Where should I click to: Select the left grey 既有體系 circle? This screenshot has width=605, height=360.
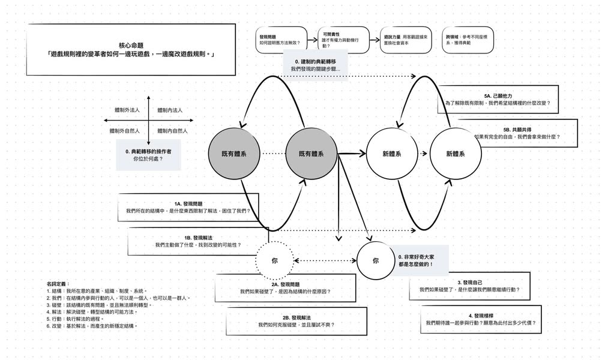pos(233,154)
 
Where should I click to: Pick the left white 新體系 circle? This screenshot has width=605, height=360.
pos(391,154)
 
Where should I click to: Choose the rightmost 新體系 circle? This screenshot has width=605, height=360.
pos(456,154)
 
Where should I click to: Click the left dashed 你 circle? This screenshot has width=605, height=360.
pos(274,260)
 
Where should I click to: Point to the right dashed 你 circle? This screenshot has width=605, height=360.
pos(376,260)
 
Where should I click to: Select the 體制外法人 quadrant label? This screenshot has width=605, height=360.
pos(127,110)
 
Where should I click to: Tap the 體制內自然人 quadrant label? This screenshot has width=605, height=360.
pos(173,131)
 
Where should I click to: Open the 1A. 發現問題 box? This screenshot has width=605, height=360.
pos(188,207)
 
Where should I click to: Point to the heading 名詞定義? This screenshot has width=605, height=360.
pos(58,283)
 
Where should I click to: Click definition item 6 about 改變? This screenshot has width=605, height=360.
pos(92,326)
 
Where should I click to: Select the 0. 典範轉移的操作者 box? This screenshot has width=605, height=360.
pos(148,155)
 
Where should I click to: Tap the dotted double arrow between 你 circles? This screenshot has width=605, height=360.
pos(325,260)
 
